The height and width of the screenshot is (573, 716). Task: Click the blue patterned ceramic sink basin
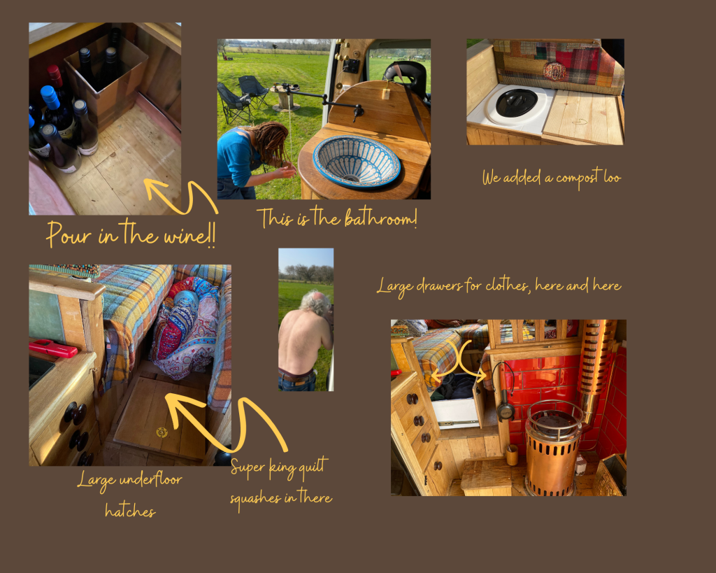(357, 161)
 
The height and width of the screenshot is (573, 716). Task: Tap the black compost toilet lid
(517, 101)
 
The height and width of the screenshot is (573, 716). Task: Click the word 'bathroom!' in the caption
(380, 218)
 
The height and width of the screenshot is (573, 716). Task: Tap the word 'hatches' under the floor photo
(130, 510)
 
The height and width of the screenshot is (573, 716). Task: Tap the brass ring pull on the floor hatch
(162, 432)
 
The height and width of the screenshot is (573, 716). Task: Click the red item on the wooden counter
(53, 348)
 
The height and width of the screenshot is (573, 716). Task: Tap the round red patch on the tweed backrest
(554, 71)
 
